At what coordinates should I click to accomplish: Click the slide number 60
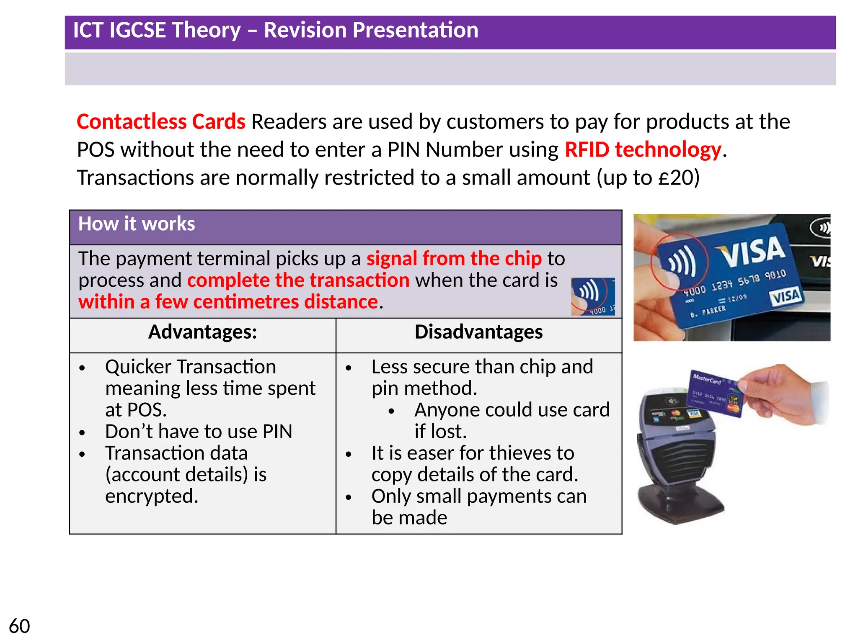coord(19,626)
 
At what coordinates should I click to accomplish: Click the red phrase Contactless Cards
coord(161,122)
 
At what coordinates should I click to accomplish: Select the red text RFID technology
coord(643,150)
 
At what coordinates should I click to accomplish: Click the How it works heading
coord(137,224)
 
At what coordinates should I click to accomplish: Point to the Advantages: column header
coord(203,332)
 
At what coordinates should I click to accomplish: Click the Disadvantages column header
coord(478,332)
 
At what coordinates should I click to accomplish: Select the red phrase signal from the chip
coord(454,259)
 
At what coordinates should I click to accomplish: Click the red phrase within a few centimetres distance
coord(228,302)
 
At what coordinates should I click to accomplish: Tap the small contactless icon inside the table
coord(592,296)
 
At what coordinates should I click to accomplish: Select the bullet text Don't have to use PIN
coord(199,432)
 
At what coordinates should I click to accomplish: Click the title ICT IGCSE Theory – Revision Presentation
coord(276,31)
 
